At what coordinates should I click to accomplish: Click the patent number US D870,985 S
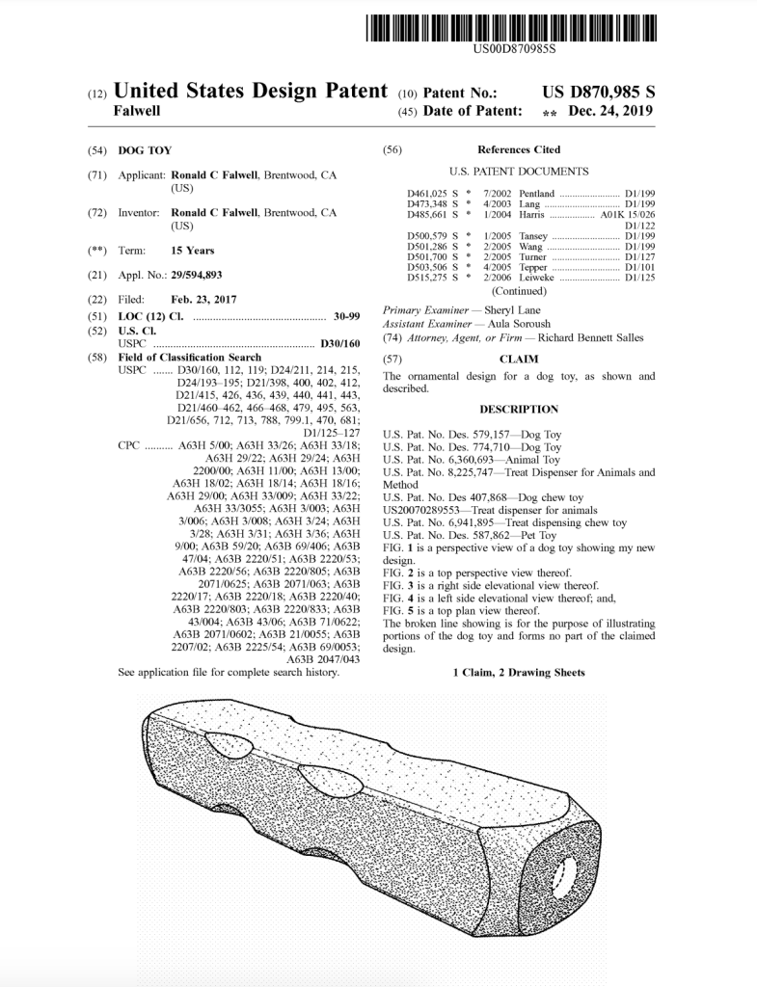pos(599,93)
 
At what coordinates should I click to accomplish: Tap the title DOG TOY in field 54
pos(137,151)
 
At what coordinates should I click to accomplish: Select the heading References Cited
pos(518,150)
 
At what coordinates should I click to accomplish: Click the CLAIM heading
pos(519,359)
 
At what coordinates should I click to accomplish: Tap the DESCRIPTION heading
pos(519,410)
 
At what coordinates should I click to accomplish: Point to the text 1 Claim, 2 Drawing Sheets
pos(519,671)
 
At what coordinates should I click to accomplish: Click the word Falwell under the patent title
pos(137,112)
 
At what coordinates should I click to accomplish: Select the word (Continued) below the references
pos(519,291)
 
